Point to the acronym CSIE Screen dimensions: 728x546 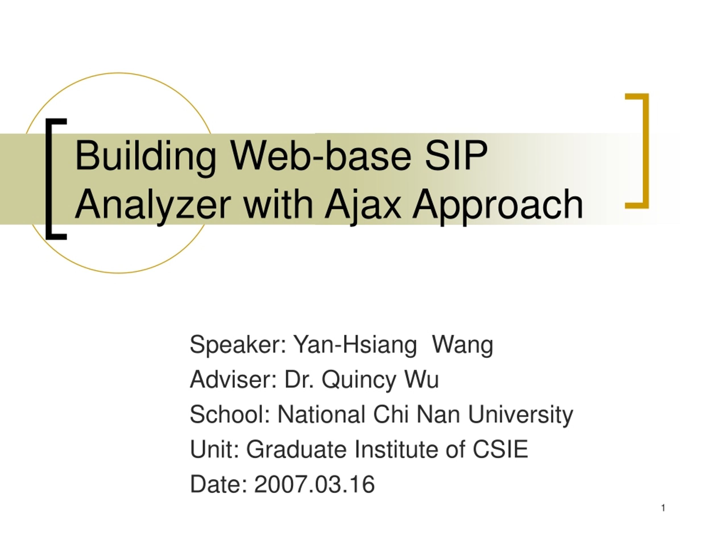(500, 449)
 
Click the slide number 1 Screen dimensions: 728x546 (663, 508)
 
